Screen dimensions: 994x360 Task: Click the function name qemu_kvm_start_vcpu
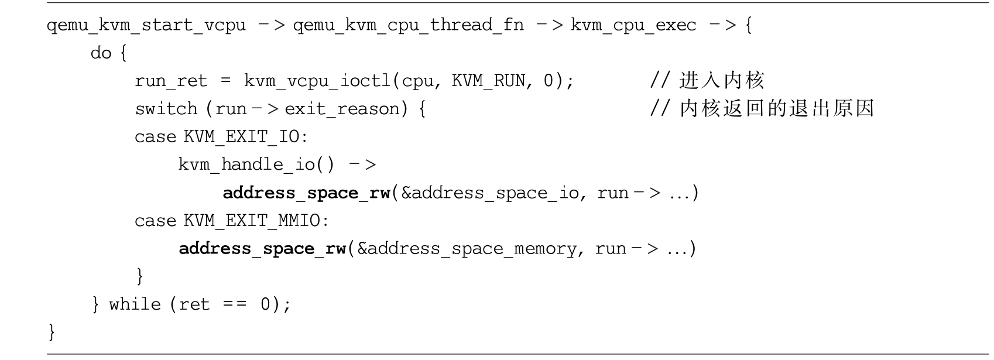point(146,26)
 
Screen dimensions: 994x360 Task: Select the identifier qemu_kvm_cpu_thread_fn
point(408,26)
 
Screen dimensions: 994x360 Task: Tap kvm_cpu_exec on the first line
point(633,26)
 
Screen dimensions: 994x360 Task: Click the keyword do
point(101,53)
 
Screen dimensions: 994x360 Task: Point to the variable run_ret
point(171,81)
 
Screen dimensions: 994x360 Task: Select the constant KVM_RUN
point(488,81)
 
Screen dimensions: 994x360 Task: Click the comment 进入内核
point(721,81)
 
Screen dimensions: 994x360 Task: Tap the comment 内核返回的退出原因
point(776,109)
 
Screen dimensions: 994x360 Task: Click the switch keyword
point(166,109)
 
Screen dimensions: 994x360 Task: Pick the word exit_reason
point(342,109)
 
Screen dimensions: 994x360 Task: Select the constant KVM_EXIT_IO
point(242,137)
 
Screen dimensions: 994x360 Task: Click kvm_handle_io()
point(256,164)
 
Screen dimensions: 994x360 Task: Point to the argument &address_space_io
point(490,193)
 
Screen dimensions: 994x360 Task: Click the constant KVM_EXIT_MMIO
point(252,221)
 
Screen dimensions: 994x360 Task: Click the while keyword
point(135,304)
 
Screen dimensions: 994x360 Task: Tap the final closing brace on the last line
point(52,332)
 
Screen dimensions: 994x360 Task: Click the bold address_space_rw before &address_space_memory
point(262,249)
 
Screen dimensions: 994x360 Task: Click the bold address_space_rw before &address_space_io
point(306,193)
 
